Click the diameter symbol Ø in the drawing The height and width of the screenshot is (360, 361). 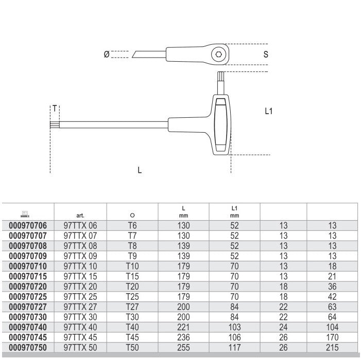click(107, 55)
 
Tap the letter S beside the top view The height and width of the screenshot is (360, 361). click(266, 55)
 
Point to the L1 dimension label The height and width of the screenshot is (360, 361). click(269, 111)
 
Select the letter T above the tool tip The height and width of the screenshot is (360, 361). click(55, 109)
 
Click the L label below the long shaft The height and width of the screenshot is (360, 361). click(140, 170)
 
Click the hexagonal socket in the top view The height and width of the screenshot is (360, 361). click(218, 55)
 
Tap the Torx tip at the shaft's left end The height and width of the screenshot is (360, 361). click(55, 125)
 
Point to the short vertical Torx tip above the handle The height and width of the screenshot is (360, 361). click(221, 76)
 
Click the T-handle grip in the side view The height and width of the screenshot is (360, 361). click(221, 125)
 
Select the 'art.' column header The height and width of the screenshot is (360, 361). click(80, 215)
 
